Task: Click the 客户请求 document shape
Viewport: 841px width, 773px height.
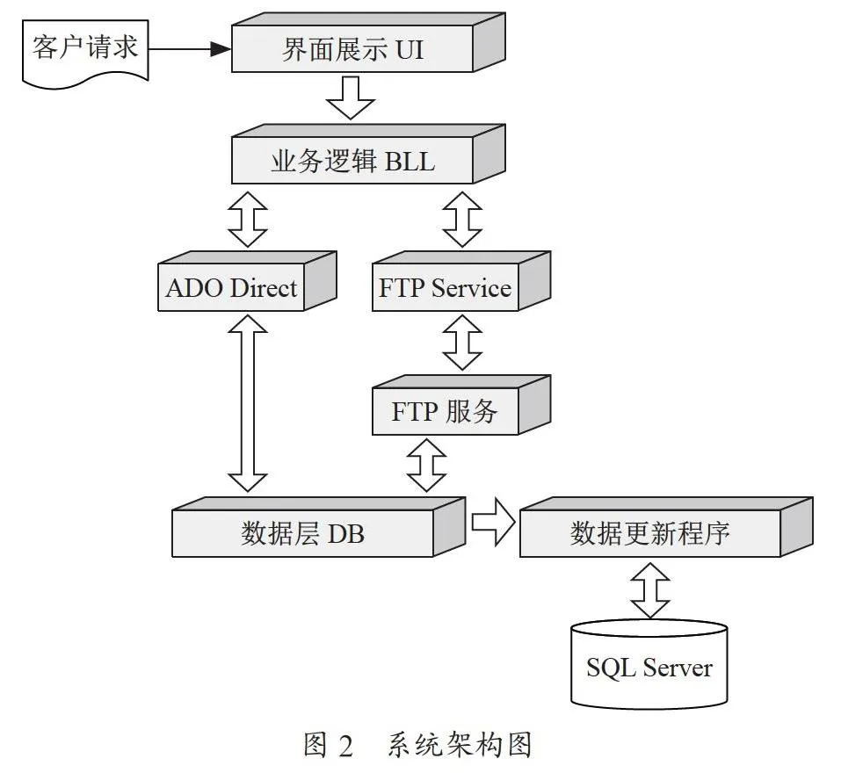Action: coord(85,53)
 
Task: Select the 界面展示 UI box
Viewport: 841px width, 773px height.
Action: coord(368,43)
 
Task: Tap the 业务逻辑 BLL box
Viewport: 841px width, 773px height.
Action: coord(368,155)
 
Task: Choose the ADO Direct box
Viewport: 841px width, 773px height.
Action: coord(247,281)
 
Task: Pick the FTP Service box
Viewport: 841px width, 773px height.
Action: coord(461,281)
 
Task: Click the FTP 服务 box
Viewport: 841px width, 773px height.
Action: coord(461,405)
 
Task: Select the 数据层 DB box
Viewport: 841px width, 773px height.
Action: coord(319,527)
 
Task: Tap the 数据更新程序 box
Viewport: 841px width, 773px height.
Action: coord(667,527)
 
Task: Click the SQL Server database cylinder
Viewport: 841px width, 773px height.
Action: coord(649,664)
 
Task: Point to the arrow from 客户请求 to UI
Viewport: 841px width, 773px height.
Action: coord(190,49)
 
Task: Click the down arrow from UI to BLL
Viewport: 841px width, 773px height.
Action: coord(351,98)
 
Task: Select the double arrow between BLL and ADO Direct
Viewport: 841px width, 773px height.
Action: coord(248,220)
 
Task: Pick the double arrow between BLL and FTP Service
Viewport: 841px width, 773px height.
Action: coord(462,220)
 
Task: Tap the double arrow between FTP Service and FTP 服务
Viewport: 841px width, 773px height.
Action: coord(462,342)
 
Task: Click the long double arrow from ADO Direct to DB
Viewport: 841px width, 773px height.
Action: coord(248,403)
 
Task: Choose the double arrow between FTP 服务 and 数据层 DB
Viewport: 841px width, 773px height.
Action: coord(427,465)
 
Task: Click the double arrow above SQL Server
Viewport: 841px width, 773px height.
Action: coord(650,590)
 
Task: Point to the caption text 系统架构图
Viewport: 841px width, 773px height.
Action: coord(460,745)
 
